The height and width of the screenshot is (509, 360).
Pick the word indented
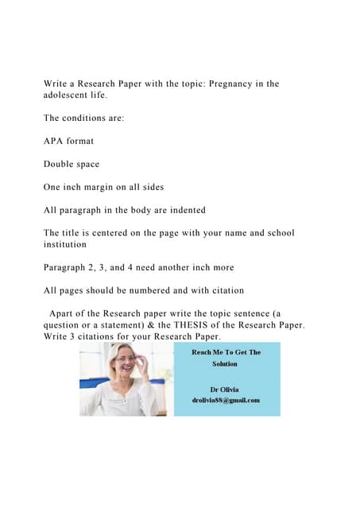183,210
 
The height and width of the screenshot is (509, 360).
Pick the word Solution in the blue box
225,363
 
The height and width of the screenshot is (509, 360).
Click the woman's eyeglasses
127,359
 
